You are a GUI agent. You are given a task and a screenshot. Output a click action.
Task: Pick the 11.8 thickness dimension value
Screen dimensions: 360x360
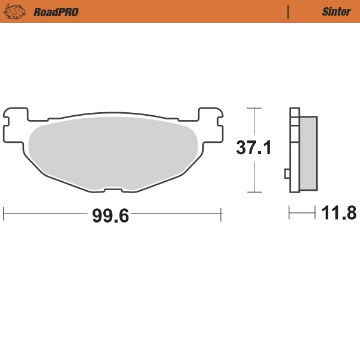(340, 213)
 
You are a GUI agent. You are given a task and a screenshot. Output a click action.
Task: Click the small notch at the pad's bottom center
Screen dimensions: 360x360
(113, 190)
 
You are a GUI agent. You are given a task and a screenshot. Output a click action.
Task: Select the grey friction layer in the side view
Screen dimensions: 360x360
(308, 153)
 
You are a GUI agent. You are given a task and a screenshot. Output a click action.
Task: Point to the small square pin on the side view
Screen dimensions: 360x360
(287, 174)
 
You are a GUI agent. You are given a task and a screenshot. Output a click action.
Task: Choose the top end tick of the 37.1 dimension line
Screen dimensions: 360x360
(255, 108)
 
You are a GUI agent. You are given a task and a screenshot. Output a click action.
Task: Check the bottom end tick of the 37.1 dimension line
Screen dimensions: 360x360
(255, 193)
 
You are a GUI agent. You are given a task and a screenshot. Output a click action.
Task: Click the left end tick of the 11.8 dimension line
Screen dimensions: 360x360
(290, 212)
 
